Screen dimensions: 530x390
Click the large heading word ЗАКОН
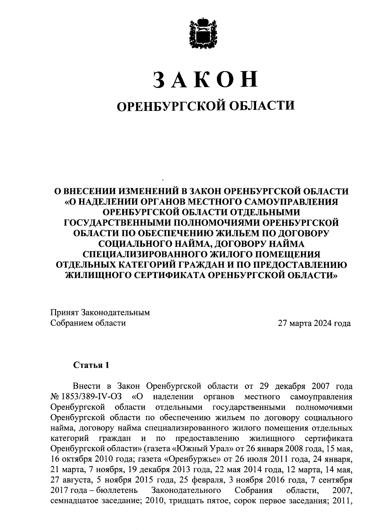(206, 79)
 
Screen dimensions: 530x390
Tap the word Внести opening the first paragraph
(88, 386)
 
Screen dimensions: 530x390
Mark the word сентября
(337, 480)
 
